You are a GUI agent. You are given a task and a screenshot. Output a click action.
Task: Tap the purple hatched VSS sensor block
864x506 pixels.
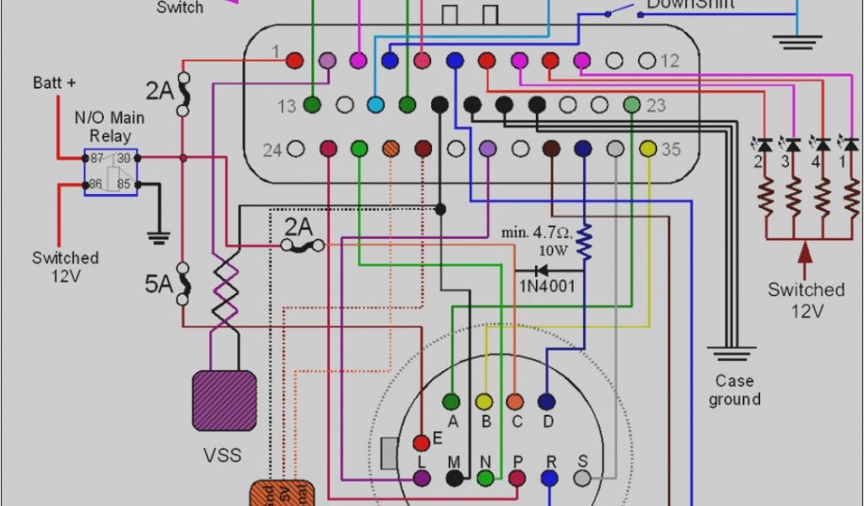point(224,401)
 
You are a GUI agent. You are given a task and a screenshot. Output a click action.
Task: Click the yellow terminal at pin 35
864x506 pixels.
point(648,148)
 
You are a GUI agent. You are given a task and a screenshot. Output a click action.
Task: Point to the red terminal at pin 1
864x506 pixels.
point(294,60)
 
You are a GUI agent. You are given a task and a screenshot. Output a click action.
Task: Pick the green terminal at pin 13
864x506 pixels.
point(312,105)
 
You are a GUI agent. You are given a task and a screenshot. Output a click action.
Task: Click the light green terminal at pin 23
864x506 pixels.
point(631,105)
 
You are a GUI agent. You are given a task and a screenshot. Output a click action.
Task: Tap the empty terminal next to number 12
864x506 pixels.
point(646,61)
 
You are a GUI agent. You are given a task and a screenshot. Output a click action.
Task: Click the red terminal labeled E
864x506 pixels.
point(421,443)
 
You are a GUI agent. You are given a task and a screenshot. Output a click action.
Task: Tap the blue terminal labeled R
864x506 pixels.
point(550,478)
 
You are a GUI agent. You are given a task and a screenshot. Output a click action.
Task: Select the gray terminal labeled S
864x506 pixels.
point(582,478)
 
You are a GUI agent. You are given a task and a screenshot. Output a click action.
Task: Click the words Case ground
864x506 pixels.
point(734,390)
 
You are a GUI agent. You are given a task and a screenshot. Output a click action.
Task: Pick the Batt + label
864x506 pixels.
point(54,83)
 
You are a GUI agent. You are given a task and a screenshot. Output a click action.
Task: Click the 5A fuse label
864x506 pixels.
point(159,283)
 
